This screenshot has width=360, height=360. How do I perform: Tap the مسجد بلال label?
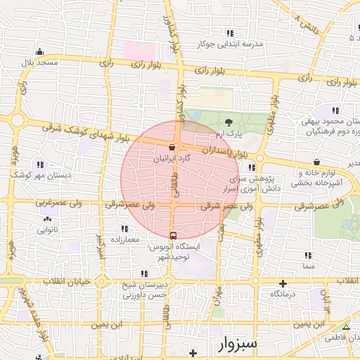(40, 63)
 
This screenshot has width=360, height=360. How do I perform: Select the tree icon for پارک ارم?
(229, 122)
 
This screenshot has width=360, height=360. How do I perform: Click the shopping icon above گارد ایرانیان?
(172, 148)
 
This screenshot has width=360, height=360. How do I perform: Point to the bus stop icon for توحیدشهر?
(173, 235)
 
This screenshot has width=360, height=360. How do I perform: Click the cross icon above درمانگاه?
(283, 282)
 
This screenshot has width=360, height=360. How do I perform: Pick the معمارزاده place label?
(126, 240)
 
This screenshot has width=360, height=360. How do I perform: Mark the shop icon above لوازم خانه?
(318, 162)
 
